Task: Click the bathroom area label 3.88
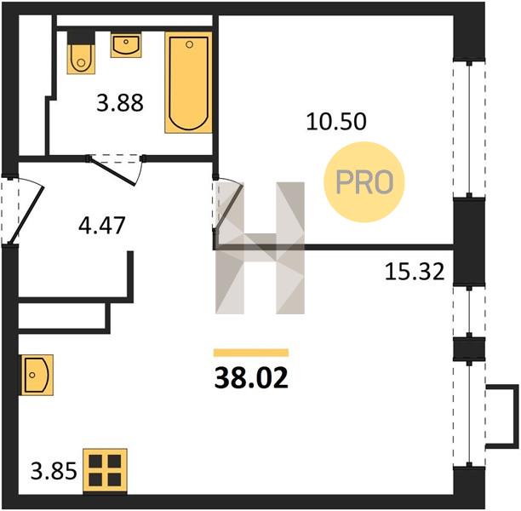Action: point(120,103)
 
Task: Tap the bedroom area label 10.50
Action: point(336,121)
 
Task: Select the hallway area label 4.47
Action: point(101,225)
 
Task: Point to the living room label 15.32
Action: point(415,272)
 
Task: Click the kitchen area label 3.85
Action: point(54,471)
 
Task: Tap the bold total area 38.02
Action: point(251,378)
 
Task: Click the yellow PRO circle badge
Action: point(364,182)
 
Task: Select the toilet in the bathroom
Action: point(81,53)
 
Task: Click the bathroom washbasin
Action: point(126,45)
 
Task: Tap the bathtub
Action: point(188,83)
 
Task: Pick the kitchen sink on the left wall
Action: point(37,375)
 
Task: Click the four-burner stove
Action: point(105,471)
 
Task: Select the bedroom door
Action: point(230,204)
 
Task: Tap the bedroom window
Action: point(469,129)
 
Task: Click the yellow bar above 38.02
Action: point(251,353)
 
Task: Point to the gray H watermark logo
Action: point(260,248)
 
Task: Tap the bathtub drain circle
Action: point(189,44)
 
